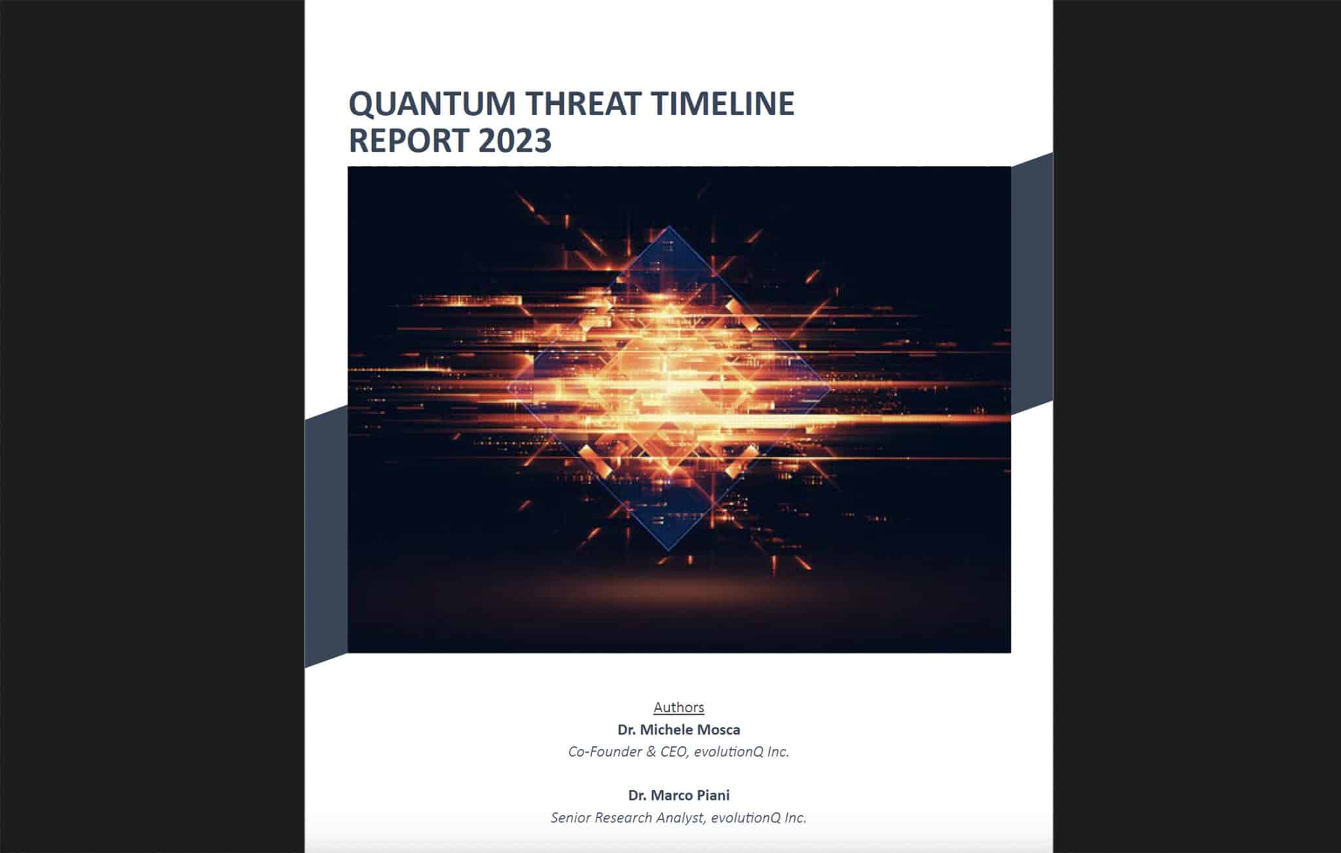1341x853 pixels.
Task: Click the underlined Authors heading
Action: (679, 707)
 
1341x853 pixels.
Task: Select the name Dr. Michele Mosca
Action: (679, 729)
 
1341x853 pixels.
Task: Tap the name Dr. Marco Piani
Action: (679, 795)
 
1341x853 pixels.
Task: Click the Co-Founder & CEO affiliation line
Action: (679, 752)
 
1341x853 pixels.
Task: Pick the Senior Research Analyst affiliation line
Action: (679, 818)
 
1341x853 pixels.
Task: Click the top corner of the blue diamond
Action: (669, 227)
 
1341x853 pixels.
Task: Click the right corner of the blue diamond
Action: (830, 388)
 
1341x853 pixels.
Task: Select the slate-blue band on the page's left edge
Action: (326, 537)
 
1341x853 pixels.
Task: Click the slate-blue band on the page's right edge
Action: (1032, 283)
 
